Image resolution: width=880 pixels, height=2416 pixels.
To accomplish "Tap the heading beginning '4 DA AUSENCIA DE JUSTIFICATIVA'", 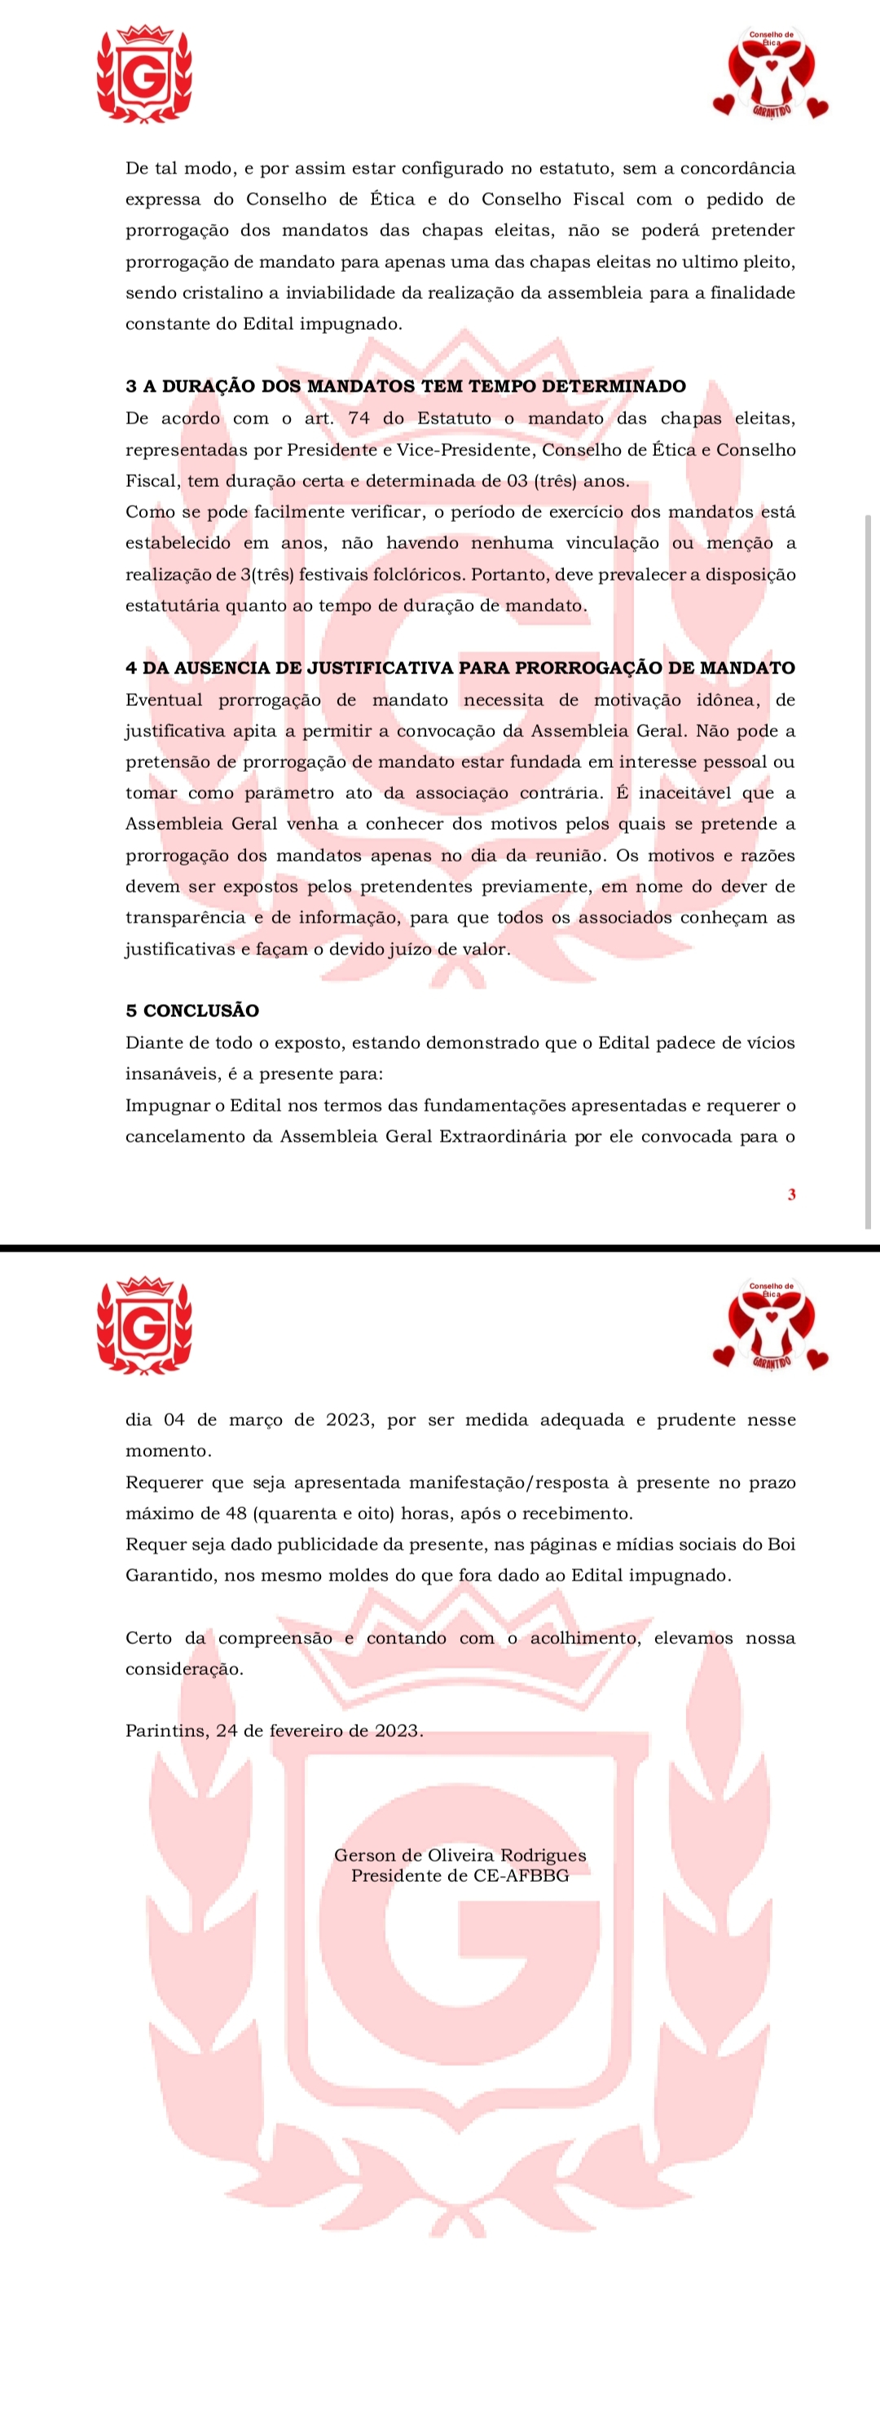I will [x=460, y=668].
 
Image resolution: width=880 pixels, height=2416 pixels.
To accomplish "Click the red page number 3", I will [x=792, y=1195].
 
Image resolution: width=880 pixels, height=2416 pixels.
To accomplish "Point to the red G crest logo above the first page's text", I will [x=145, y=75].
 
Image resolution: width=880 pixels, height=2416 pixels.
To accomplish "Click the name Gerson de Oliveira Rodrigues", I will [x=460, y=1855].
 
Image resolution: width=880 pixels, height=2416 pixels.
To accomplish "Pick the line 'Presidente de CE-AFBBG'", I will [x=460, y=1876].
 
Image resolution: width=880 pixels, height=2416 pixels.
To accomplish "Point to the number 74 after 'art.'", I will [x=359, y=419].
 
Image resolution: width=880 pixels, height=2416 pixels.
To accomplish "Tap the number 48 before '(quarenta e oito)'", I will [x=236, y=1514].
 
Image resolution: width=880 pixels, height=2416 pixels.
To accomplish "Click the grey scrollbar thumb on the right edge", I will [x=868, y=872].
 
